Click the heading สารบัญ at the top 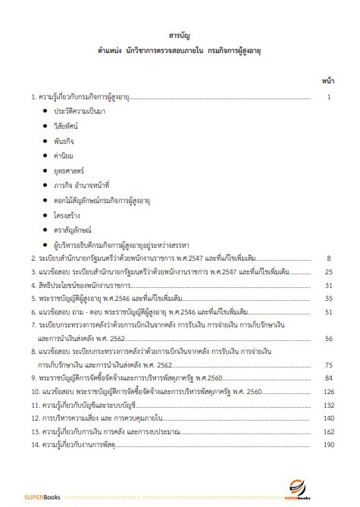click(x=180, y=36)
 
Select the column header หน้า click(x=328, y=79)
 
